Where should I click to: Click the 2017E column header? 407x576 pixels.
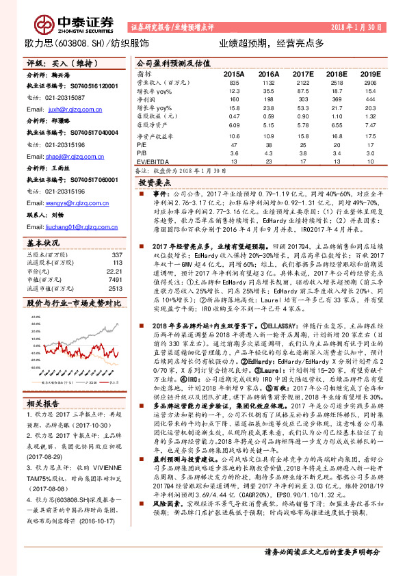coord(302,73)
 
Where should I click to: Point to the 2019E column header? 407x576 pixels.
coord(369,73)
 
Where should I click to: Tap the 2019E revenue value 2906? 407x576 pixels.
coord(370,82)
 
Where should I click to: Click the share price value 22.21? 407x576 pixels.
coord(114,252)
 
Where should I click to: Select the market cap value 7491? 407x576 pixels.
coord(114,260)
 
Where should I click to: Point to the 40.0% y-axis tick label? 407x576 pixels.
coord(34,298)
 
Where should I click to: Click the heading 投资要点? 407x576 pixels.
coord(155,183)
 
